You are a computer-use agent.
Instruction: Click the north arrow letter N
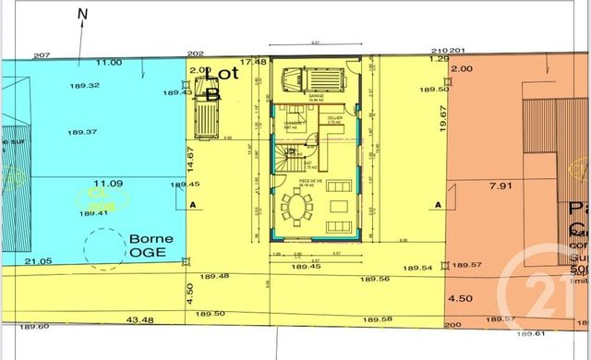(83, 13)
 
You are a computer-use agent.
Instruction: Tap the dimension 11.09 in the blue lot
(108, 184)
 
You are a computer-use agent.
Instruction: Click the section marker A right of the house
(437, 204)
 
